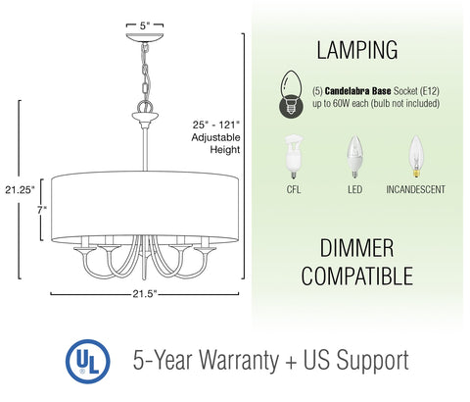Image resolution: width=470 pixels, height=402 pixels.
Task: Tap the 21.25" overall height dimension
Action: (x=19, y=187)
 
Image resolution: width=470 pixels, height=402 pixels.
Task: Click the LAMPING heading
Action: (x=356, y=49)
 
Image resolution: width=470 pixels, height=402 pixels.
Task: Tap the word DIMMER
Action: (x=356, y=246)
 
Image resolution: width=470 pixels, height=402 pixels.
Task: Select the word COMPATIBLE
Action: (x=356, y=276)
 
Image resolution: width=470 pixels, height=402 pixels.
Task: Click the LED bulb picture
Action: (x=354, y=155)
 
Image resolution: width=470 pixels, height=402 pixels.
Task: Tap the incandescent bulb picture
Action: (x=418, y=155)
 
